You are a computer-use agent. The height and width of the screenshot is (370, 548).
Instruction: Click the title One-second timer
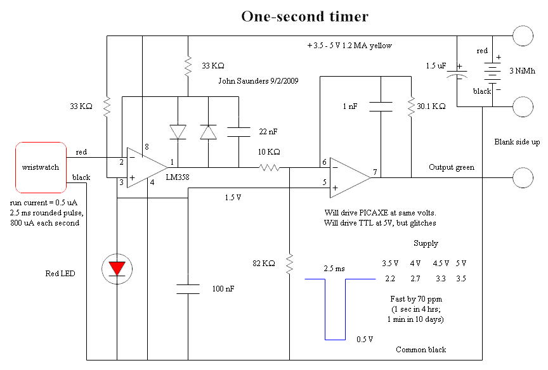click(x=304, y=16)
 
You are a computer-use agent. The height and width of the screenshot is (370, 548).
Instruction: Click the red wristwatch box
click(x=41, y=167)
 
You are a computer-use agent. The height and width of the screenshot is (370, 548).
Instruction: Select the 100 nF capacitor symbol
click(x=188, y=289)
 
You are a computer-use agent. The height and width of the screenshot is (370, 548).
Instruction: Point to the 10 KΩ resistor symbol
click(x=269, y=168)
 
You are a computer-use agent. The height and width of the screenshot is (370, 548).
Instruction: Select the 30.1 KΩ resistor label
click(x=432, y=107)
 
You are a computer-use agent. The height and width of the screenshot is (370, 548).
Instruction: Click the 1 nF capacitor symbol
click(x=381, y=106)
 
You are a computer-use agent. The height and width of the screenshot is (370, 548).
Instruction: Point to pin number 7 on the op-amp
click(x=375, y=172)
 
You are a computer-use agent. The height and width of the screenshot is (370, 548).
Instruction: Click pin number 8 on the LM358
click(x=147, y=148)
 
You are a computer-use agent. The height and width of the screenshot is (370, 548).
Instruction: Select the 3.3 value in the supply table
click(x=440, y=278)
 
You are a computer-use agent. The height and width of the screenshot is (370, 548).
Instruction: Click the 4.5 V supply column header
click(x=441, y=263)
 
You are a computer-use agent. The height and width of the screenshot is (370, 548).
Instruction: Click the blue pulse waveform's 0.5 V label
click(x=365, y=339)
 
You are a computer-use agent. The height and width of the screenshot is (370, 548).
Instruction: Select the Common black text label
click(x=421, y=350)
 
